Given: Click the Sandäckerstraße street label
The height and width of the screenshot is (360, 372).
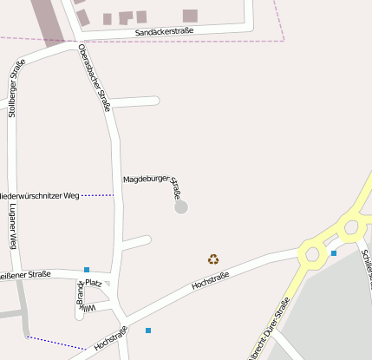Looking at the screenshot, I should pos(164,31).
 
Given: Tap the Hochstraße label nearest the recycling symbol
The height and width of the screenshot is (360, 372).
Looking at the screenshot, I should pos(210,281).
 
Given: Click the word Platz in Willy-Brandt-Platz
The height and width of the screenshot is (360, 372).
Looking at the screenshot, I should pos(94,283).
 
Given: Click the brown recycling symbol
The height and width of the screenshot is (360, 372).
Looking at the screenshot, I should pos(213,259).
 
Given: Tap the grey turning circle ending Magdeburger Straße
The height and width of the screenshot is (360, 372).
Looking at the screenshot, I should pos(180,207).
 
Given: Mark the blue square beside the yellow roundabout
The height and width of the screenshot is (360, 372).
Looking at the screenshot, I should pos(333,253).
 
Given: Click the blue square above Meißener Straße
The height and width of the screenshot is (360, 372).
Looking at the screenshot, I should pos(87,270).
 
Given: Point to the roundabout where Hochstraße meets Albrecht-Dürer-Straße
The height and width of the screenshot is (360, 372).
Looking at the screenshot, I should pos(310,254).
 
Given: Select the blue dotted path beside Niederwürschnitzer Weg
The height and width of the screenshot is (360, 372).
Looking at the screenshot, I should pos(97,196).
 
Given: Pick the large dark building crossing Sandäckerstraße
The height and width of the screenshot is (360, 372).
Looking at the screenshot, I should pos(49,22).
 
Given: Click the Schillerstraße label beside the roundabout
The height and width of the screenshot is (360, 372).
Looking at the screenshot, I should pos(365,265).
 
